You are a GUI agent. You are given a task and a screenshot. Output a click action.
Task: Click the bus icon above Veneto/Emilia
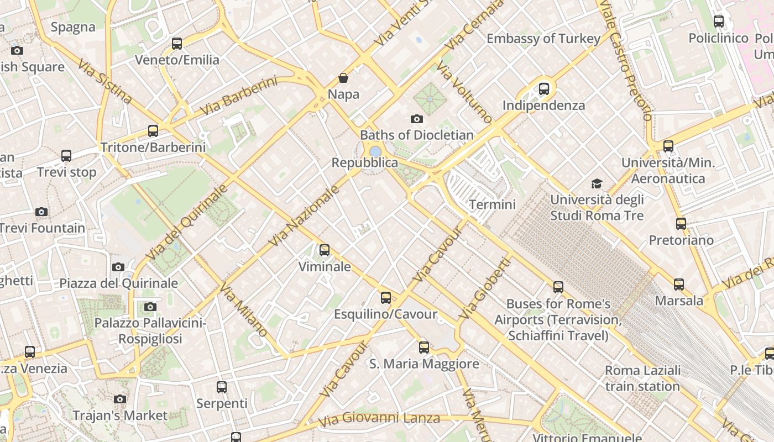click(177, 43)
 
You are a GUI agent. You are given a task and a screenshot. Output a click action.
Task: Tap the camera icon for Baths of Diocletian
click(417, 119)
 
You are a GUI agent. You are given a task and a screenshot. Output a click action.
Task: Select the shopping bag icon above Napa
click(343, 78)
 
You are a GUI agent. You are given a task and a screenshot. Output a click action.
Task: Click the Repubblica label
click(364, 162)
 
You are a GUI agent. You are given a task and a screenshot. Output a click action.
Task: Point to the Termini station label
click(492, 204)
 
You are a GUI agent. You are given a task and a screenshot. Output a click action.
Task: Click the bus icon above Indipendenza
click(544, 88)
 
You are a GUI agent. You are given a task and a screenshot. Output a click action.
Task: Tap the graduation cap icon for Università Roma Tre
click(597, 183)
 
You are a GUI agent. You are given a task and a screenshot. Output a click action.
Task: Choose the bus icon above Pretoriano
click(681, 224)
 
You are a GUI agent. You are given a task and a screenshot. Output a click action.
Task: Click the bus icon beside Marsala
click(679, 285)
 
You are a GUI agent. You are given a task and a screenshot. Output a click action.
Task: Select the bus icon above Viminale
click(325, 250)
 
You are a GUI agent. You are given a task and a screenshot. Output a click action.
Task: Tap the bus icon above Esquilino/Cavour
click(386, 298)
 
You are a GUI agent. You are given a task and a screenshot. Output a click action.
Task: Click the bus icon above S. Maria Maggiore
click(424, 348)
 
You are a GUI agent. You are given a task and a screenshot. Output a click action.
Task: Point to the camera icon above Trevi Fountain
click(41, 212)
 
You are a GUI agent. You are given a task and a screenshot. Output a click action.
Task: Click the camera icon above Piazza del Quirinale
click(118, 267)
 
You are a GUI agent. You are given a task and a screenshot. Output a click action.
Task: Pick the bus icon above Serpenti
click(222, 387)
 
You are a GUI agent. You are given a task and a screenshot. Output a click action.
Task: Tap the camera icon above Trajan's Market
click(120, 399)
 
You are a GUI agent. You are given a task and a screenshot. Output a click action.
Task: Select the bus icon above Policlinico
click(719, 22)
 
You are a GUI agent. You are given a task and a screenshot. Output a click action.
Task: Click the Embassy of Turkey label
click(543, 39)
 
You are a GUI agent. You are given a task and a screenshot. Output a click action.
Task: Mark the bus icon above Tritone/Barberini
click(153, 131)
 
